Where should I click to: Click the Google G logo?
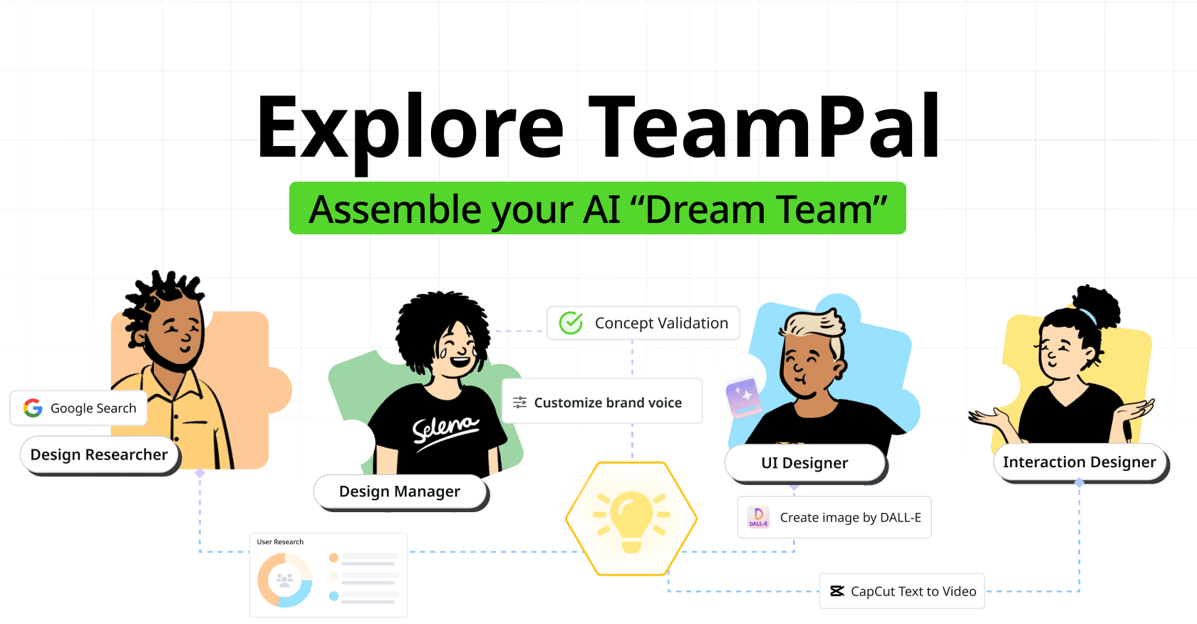(33, 408)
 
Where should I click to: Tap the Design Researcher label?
(99, 454)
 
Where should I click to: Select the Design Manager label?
(400, 492)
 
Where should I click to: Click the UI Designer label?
(804, 463)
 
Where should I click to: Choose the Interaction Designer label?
(1079, 462)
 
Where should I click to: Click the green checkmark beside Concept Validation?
(571, 323)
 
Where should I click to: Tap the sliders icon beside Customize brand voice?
(520, 402)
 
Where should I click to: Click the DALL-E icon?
(759, 517)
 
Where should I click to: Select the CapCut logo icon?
(837, 591)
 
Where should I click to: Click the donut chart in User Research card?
(285, 580)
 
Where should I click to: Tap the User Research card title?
(280, 542)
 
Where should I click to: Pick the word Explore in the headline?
(410, 128)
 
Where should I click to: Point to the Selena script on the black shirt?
(445, 430)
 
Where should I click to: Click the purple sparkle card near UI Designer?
(743, 397)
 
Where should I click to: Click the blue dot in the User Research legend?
(333, 596)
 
